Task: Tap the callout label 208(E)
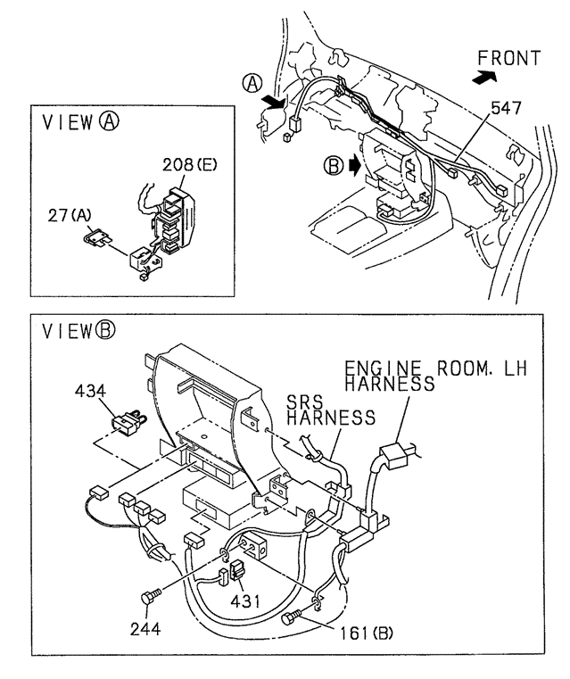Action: pos(190,165)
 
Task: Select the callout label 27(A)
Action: pos(69,215)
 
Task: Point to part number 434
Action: pos(91,391)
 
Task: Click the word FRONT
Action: pos(509,59)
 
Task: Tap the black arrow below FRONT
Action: pos(483,79)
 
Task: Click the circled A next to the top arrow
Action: pos(253,84)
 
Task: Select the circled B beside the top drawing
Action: pos(334,165)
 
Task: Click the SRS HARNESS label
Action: pos(331,409)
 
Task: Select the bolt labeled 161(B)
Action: pos(291,617)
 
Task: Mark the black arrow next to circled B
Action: pos(355,165)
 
